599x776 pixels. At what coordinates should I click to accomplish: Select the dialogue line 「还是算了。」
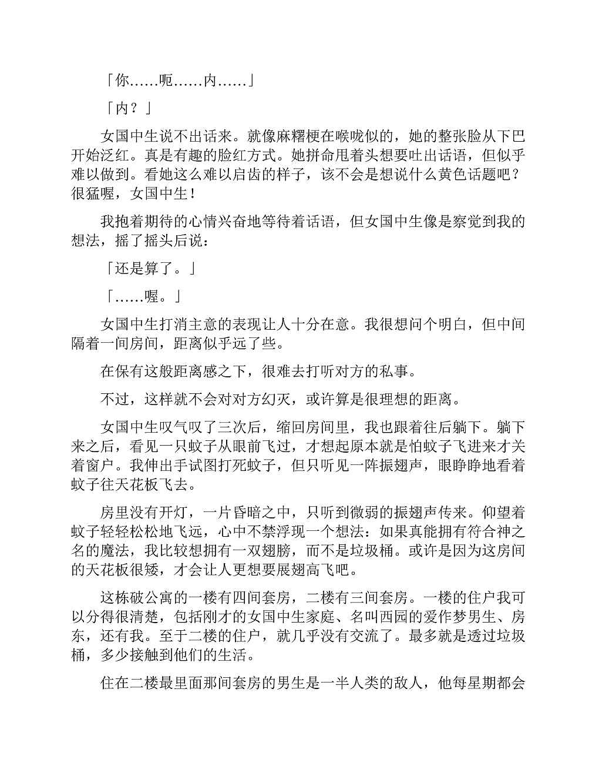click(x=150, y=269)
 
